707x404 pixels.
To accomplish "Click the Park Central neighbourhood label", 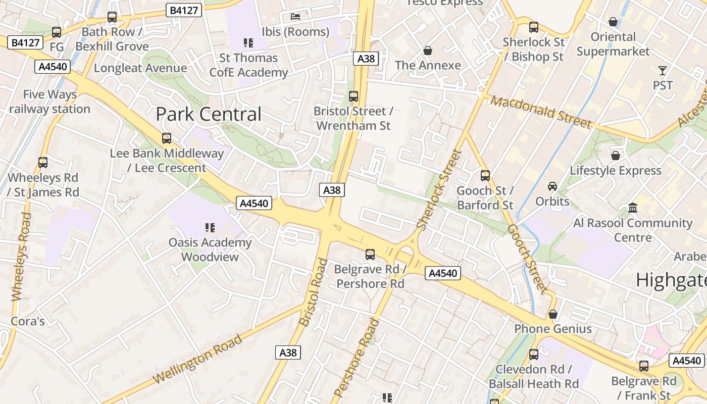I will pyautogui.click(x=209, y=114).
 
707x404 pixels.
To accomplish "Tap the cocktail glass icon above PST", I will pyautogui.click(x=663, y=71).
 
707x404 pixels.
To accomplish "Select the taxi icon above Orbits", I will pyautogui.click(x=552, y=186).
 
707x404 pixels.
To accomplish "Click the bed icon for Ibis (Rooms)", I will pyautogui.click(x=295, y=17).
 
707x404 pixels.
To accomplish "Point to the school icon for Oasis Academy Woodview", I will pyautogui.click(x=210, y=228).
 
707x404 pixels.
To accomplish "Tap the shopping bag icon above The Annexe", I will pyautogui.click(x=428, y=50).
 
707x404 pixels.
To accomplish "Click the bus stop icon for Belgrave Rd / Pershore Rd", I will pyautogui.click(x=370, y=255).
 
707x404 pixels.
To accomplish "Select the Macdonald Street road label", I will pyautogui.click(x=540, y=112).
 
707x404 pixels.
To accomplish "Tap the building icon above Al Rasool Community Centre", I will pyautogui.click(x=632, y=208).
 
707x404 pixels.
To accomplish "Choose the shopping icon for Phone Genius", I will pyautogui.click(x=553, y=314).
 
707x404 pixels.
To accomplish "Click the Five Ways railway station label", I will pyautogui.click(x=49, y=102).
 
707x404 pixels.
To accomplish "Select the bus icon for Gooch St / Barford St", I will pyautogui.click(x=485, y=176).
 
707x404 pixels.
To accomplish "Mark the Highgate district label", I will pyautogui.click(x=671, y=280).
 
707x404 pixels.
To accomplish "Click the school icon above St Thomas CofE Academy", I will pyautogui.click(x=248, y=43).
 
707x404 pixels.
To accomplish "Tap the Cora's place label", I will pyautogui.click(x=28, y=321).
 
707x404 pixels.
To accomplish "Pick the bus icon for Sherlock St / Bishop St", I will pyautogui.click(x=534, y=27).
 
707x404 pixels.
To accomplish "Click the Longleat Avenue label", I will pyautogui.click(x=140, y=68).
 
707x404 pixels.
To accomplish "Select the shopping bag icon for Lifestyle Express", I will pyautogui.click(x=615, y=156).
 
